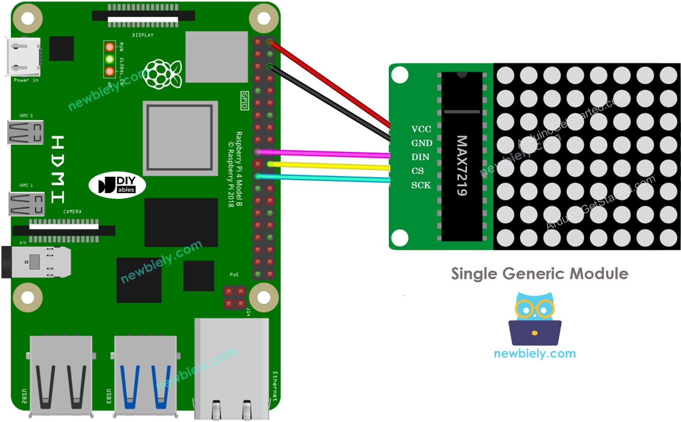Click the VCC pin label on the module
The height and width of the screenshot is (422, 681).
coord(421,129)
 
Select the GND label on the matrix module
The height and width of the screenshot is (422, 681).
coord(422,143)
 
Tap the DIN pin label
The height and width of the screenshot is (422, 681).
coord(420,157)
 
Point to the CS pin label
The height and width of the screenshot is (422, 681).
coord(417,171)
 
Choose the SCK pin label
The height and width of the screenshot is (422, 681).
coord(421,185)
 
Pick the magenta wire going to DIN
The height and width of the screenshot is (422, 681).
coord(325,154)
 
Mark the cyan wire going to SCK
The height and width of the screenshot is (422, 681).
coord(325,178)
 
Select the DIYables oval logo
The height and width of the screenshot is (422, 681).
coord(117,185)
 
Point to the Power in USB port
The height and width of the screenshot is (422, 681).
coord(23,57)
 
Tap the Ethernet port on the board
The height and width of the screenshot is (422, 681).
coord(231,369)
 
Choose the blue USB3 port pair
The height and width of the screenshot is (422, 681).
coord(145,376)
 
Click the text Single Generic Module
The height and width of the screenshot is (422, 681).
coord(540,274)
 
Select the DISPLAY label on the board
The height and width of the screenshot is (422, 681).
coord(143,35)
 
